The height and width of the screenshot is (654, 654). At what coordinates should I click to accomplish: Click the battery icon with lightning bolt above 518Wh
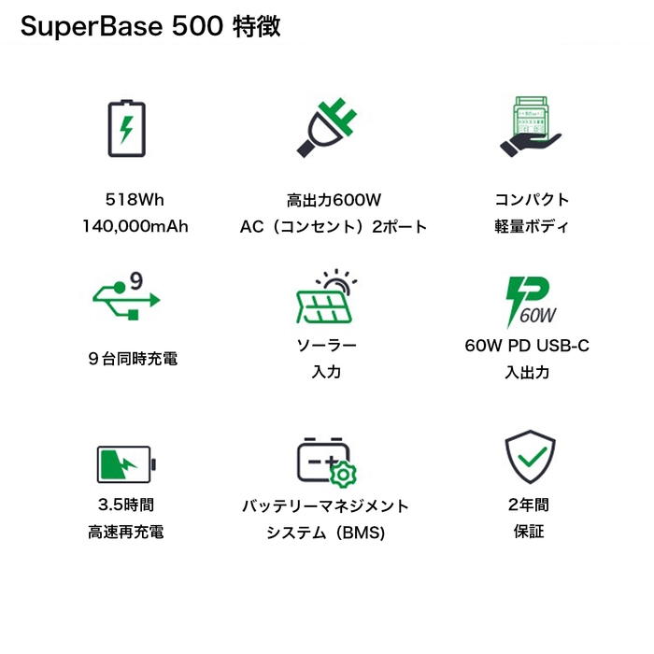coord(126,128)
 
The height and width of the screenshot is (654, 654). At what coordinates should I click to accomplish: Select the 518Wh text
coord(135,199)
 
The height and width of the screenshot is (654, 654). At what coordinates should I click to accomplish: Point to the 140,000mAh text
coord(135,226)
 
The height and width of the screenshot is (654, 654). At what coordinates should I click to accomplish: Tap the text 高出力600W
coord(334,199)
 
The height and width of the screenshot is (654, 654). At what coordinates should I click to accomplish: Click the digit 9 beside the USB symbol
coord(135,279)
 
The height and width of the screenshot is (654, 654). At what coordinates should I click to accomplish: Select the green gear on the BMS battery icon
coord(344,474)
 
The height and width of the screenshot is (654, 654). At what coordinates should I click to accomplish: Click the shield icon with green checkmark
coord(530,457)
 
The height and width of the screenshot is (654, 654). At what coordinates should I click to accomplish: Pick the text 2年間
coord(529,505)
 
